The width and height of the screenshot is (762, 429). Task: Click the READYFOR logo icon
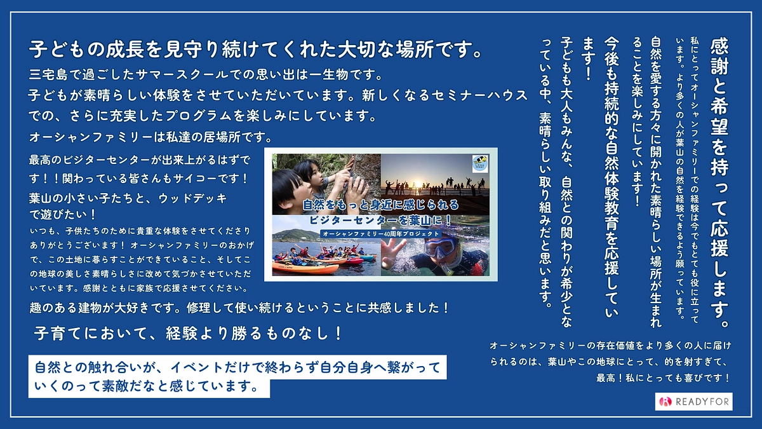pos(665,402)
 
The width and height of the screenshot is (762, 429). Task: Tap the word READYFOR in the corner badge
pos(701,402)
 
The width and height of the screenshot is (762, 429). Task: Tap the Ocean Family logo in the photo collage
pos(481,163)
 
